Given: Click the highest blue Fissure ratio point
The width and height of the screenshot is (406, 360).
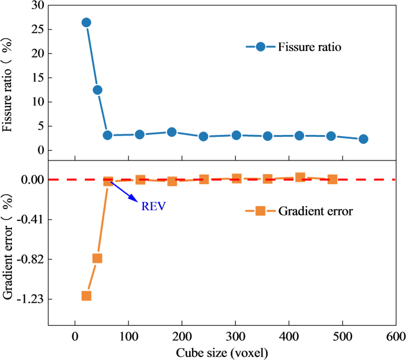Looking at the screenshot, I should pos(86,22).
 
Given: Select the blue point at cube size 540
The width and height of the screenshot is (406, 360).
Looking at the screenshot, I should pos(363,139).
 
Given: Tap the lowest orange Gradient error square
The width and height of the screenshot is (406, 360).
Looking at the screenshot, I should pos(86,295).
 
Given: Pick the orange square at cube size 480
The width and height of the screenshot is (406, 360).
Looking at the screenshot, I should pos(333,179).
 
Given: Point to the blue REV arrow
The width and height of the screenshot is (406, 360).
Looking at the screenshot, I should pos(125,192).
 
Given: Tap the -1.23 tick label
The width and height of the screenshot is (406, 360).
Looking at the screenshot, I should pos(30,299).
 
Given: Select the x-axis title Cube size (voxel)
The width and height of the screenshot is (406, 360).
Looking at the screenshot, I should pos(222,352).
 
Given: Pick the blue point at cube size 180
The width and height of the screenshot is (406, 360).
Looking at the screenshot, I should pos(172,132).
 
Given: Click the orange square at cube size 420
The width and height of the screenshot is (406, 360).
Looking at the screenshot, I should pos(300,177).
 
